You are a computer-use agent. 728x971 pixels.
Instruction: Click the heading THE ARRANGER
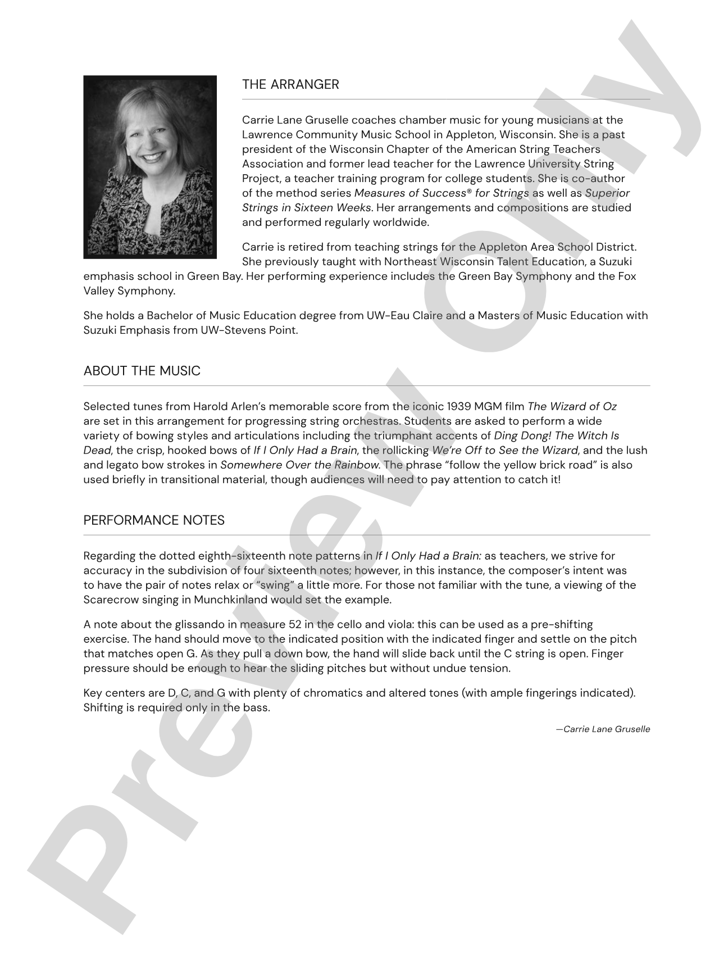point(290,85)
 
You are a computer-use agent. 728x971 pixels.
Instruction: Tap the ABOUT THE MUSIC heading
point(142,371)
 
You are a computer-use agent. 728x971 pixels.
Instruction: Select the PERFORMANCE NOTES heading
point(154,521)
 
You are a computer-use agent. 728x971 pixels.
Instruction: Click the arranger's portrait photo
point(150,167)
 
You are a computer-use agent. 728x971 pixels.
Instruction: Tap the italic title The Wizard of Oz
point(572,407)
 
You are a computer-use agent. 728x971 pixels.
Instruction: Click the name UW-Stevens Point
point(249,330)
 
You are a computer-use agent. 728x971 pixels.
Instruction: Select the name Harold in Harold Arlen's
point(210,407)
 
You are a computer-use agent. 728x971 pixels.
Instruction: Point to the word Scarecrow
point(109,600)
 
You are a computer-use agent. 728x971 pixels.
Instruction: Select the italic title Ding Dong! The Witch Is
point(556,436)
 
